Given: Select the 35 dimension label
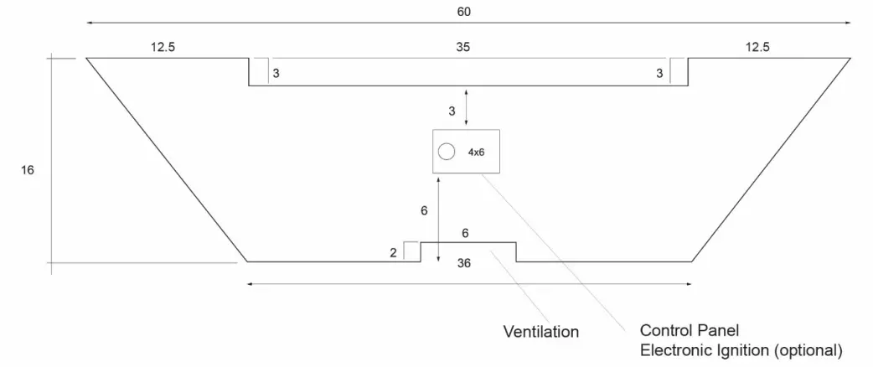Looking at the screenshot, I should [x=463, y=49].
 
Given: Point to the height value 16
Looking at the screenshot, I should [x=28, y=170].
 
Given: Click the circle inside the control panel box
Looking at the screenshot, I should [x=447, y=152].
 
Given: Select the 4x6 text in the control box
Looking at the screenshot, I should [x=476, y=152].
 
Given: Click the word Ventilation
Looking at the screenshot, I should [x=540, y=332].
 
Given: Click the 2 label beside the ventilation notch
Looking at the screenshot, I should [x=394, y=252].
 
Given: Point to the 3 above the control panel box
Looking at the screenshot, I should [x=452, y=110].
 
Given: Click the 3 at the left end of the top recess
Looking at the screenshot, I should [x=276, y=74].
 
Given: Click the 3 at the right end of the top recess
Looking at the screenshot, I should [x=659, y=74].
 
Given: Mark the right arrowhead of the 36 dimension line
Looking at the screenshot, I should [x=690, y=283].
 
